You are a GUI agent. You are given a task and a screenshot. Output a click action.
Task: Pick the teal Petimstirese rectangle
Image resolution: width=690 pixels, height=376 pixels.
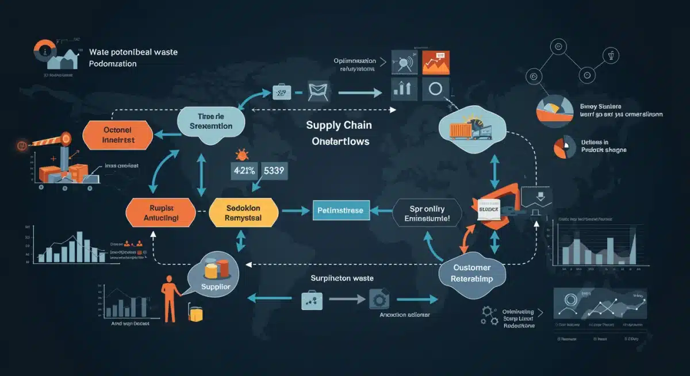340,211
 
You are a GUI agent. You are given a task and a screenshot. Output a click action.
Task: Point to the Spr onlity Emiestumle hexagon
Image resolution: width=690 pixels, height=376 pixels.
427,212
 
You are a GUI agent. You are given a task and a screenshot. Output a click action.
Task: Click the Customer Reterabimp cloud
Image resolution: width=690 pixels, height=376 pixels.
471,274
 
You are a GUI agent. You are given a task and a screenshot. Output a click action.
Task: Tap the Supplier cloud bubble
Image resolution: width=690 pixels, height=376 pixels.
214,278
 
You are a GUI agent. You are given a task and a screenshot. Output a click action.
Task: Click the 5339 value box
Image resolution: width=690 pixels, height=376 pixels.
275,171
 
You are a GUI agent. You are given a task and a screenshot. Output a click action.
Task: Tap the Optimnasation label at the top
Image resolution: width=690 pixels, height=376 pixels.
355,60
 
